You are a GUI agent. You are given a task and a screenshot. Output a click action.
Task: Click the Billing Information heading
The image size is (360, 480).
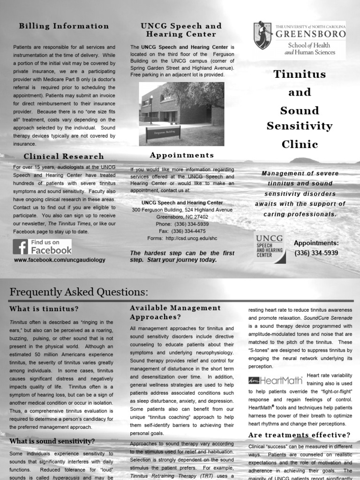coord(64,26)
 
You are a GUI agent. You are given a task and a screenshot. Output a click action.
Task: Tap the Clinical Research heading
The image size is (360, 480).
coord(64,157)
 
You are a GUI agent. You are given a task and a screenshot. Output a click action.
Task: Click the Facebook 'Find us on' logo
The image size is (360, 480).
coord(42,247)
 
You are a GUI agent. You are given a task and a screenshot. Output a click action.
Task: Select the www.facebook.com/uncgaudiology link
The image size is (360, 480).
coord(60,260)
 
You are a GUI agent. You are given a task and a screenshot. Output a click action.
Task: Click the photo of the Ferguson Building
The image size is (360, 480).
coord(181,113)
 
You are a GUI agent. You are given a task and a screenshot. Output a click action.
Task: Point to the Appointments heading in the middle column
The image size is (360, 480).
coord(181,155)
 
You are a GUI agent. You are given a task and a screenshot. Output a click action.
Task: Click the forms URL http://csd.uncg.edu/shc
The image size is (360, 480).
coord(192,238)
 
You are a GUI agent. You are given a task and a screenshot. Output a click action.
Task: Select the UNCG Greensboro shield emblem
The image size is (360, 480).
coord(262,35)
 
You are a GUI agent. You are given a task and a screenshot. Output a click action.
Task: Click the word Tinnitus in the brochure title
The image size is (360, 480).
coord(300,75)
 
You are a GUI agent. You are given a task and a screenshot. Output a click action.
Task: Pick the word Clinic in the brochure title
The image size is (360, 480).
coord(300,144)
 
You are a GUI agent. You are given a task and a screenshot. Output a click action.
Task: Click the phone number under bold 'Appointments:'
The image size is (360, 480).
coord(316,253)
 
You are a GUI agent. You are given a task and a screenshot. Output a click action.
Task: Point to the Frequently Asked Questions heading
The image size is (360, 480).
coord(79,292)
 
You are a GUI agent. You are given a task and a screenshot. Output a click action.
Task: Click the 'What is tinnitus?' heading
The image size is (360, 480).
coord(44,308)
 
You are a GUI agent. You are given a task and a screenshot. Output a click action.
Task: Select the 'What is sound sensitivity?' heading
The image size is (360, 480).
coord(52,441)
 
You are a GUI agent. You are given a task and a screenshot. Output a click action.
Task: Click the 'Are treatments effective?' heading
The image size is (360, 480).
coord(299,435)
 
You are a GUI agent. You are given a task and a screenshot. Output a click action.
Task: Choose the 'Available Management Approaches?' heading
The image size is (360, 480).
coord(175,312)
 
